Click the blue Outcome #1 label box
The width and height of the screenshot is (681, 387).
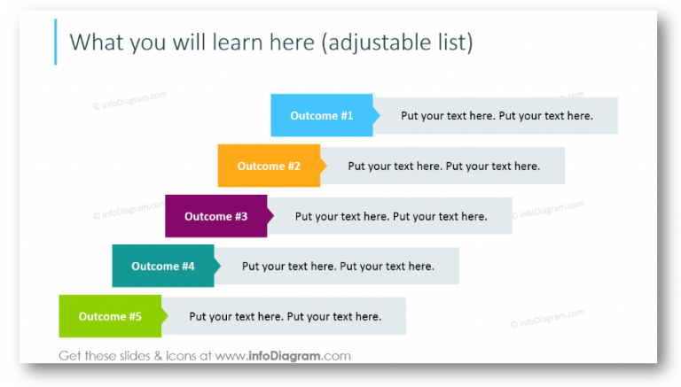click(321, 116)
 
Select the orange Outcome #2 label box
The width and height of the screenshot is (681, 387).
click(268, 166)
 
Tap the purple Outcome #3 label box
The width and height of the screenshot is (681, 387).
click(215, 216)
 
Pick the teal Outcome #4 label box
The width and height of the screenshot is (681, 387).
click(162, 266)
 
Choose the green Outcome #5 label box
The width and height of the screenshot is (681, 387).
click(109, 316)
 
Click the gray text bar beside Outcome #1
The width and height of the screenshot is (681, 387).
click(497, 116)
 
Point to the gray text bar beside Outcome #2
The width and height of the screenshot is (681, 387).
click(443, 166)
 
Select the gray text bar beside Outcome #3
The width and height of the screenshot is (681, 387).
click(391, 216)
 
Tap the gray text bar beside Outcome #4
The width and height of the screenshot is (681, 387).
click(338, 266)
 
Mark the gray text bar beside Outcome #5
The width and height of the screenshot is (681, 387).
click(285, 316)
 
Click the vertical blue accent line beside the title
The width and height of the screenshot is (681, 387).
click(55, 42)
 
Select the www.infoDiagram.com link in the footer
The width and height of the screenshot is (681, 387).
click(283, 356)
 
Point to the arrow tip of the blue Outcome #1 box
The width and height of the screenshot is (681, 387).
click(377, 116)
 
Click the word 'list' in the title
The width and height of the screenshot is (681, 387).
click(451, 42)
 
